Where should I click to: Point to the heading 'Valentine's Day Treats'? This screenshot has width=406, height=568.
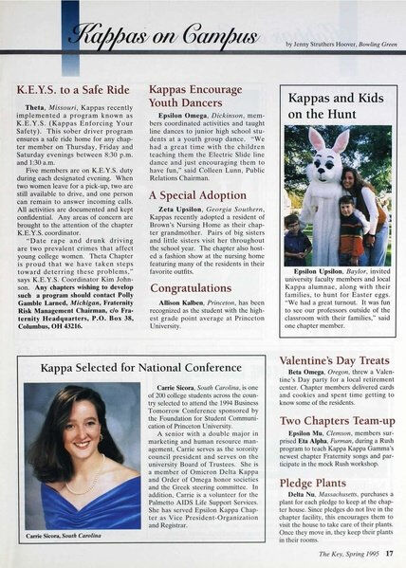334,360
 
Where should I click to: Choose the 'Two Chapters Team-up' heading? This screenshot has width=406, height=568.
335,419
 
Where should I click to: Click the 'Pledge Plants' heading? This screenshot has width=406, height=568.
317,483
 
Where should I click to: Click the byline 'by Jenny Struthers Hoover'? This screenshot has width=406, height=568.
321,45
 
